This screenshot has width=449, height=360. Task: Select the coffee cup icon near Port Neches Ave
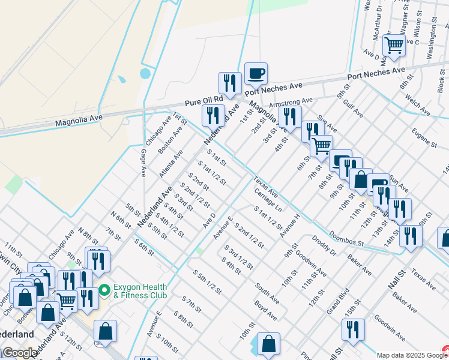pyautogui.click(x=256, y=73)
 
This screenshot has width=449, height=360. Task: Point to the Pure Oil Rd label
pyautogui.click(x=203, y=98)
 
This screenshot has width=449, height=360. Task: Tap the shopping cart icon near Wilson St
pyautogui.click(x=394, y=45)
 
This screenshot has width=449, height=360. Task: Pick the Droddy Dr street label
pyautogui.click(x=324, y=247)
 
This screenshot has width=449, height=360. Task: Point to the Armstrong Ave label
pyautogui.click(x=291, y=103)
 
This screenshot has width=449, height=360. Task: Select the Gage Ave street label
pyautogui.click(x=143, y=163)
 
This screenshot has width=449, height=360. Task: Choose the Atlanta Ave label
pyautogui.click(x=171, y=163)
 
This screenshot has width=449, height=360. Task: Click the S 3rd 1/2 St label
pyautogui.click(x=238, y=256)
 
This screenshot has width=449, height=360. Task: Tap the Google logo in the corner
pyautogui.click(x=19, y=353)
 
